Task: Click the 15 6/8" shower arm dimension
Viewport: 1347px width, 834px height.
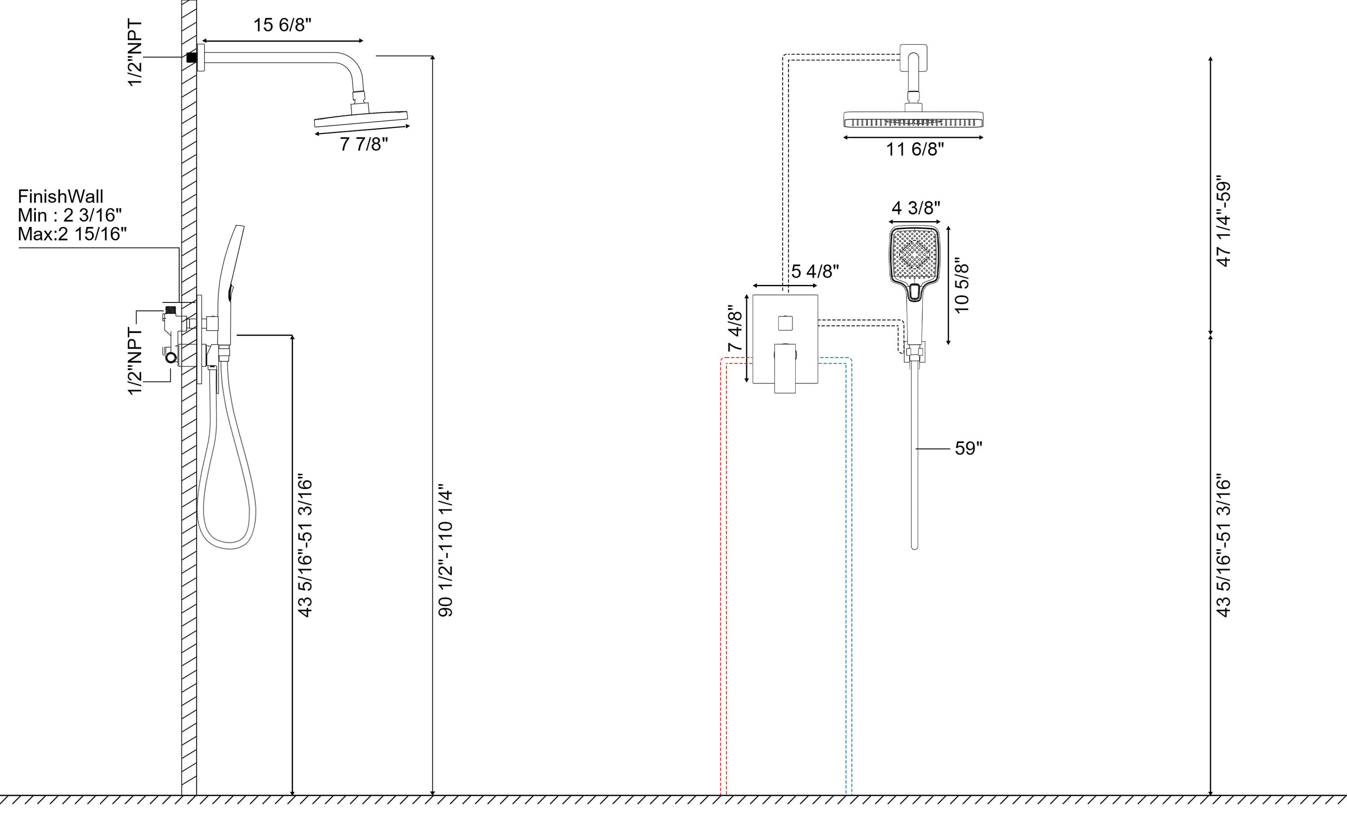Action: pos(282,25)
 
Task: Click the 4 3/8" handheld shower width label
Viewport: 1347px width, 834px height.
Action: pos(916,208)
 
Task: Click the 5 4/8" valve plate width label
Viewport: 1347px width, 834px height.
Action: pos(815,271)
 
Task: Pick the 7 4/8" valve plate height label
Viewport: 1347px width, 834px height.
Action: pos(735,329)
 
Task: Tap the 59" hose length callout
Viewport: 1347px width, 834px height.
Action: pos(968,448)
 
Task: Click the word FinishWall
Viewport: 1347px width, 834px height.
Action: pos(61,196)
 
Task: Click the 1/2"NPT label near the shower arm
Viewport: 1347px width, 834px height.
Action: pos(135,53)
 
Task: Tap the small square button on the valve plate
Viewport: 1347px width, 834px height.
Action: pos(785,323)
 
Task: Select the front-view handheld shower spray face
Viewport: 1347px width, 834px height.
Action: pos(914,254)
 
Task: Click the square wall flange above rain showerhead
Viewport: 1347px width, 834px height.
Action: pos(913,58)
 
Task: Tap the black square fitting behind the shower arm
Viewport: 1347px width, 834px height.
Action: pos(191,58)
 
